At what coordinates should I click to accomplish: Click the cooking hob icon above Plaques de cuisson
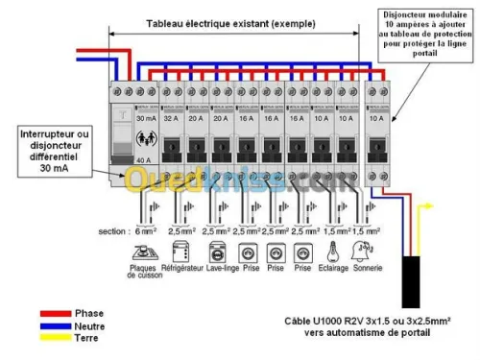(143, 254)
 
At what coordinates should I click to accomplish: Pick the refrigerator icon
(177, 254)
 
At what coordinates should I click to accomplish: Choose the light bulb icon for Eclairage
(331, 253)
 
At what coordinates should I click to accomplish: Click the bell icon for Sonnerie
(366, 253)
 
